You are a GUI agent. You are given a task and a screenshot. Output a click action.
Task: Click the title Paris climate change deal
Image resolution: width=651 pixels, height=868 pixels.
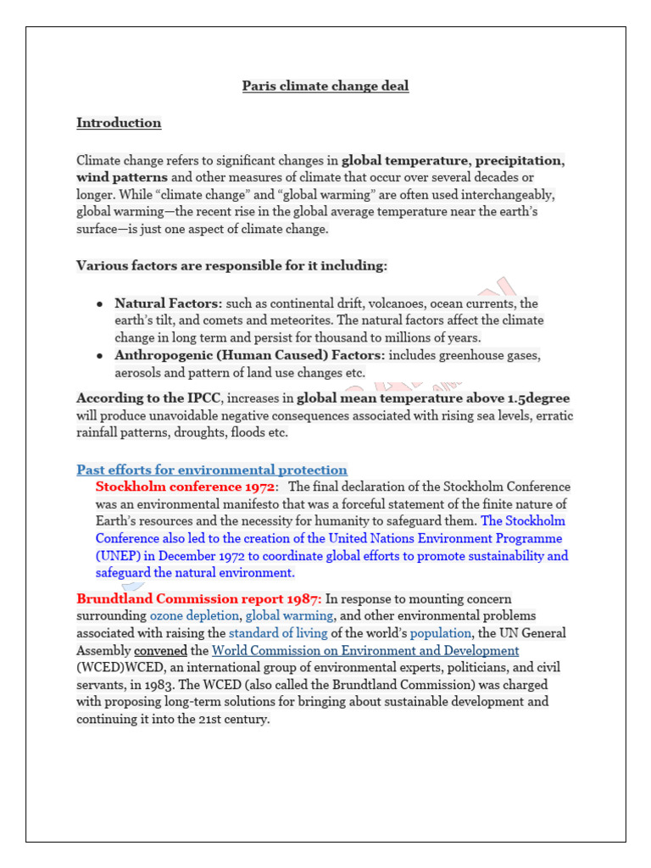pyautogui.click(x=325, y=86)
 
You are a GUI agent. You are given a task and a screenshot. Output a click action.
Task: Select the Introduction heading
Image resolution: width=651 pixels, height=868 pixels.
pyautogui.click(x=119, y=123)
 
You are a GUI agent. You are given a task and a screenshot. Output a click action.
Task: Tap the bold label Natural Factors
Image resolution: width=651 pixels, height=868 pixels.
pyautogui.click(x=168, y=303)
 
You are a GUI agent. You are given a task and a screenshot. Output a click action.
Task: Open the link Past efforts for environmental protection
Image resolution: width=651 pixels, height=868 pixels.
pyautogui.click(x=212, y=470)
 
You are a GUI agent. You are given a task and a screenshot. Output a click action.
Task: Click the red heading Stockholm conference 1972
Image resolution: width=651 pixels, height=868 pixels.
pyautogui.click(x=185, y=487)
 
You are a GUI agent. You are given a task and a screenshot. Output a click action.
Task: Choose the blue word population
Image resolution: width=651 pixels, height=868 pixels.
pyautogui.click(x=440, y=633)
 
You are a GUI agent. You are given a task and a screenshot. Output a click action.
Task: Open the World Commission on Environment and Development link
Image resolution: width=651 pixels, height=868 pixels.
pyautogui.click(x=365, y=650)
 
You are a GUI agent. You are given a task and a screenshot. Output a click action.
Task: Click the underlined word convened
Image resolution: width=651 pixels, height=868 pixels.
pyautogui.click(x=160, y=650)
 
